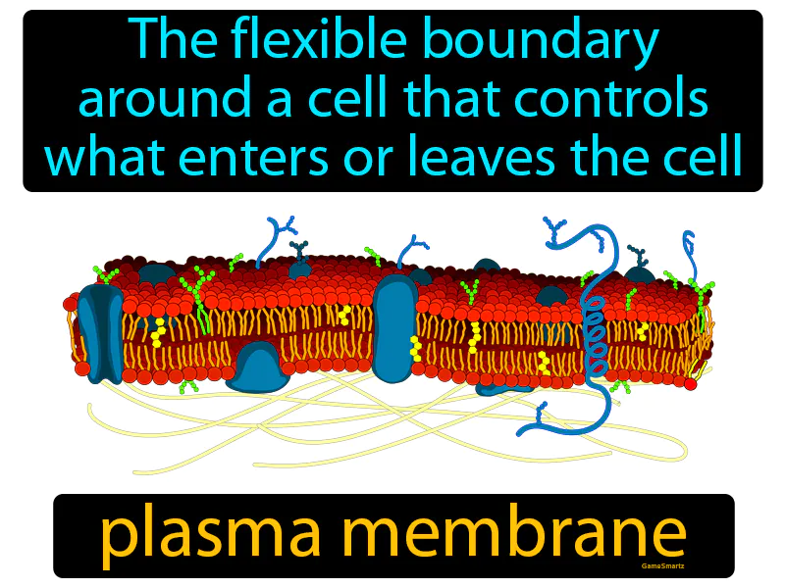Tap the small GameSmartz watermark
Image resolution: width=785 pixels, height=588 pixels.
pyautogui.click(x=662, y=566)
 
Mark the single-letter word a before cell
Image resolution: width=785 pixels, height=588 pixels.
pyautogui.click(x=279, y=104)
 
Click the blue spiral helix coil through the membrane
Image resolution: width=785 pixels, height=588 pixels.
pyautogui.click(x=595, y=334)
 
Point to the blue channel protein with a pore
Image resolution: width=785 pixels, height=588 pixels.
pyautogui.click(x=101, y=332)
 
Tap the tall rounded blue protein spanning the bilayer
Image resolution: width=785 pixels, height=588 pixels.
pyautogui.click(x=395, y=328)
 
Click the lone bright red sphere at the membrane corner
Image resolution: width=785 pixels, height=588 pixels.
pyautogui.click(x=691, y=384)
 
